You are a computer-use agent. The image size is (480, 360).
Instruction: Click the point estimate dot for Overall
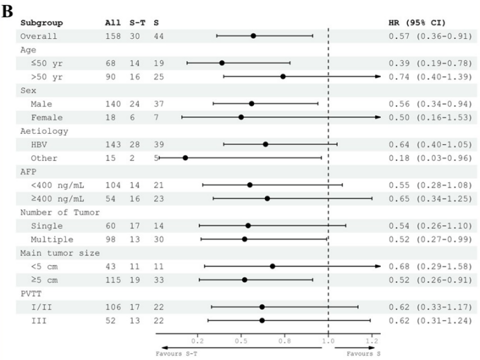pyautogui.click(x=253, y=35)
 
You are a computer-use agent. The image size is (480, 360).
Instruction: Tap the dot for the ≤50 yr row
pyautogui.click(x=222, y=62)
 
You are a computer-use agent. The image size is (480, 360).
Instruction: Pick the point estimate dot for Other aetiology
pyautogui.click(x=185, y=157)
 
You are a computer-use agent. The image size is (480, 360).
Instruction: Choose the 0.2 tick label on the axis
pyautogui.click(x=198, y=341)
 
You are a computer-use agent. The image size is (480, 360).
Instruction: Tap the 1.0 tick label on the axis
pyautogui.click(x=328, y=341)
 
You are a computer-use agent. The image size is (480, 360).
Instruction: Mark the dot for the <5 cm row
pyautogui.click(x=273, y=266)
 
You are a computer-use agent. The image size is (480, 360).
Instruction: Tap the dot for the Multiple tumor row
pyautogui.click(x=245, y=239)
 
